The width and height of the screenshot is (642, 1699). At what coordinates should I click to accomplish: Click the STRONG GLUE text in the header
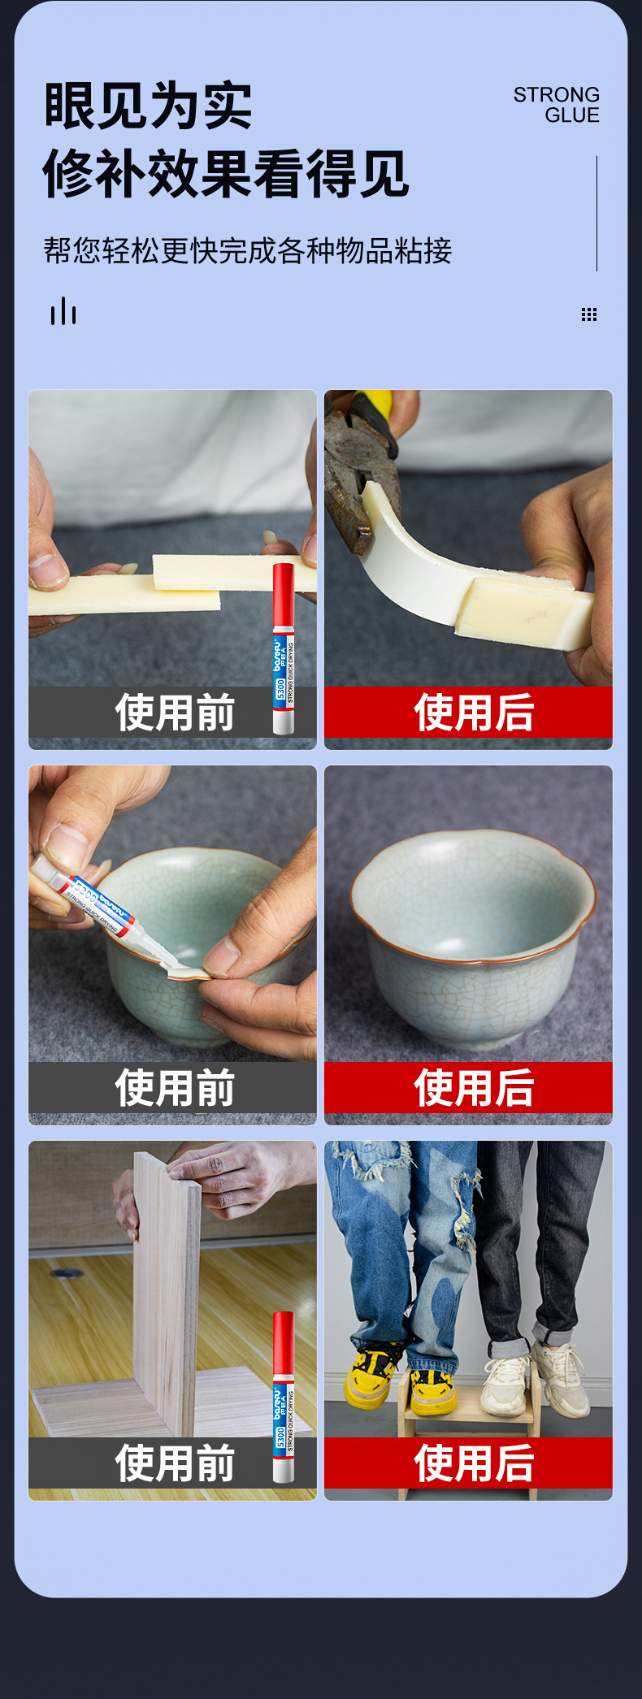coord(556,105)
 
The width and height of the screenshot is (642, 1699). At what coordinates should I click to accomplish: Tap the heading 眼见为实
coord(148,106)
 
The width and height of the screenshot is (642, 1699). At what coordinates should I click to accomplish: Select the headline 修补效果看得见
coord(226,173)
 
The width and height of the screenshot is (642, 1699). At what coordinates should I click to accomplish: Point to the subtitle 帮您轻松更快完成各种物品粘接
coord(248,250)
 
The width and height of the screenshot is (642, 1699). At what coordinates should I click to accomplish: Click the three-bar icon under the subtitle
coord(63,311)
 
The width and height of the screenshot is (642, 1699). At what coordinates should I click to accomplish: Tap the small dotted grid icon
coord(589,314)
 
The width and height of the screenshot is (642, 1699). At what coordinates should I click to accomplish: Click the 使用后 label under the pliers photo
coord(474,713)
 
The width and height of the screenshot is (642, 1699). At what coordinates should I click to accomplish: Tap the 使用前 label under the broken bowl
coord(175,1088)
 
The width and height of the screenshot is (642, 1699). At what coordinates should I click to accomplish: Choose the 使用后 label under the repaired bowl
coord(474,1088)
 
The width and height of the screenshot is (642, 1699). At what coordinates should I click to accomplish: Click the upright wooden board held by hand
coord(167,1293)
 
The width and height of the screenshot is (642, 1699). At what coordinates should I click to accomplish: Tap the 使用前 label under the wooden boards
coord(175,1463)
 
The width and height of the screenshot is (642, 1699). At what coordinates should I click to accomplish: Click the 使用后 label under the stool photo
coord(474,1463)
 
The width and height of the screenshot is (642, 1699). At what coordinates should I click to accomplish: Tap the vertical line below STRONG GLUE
coord(596,213)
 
